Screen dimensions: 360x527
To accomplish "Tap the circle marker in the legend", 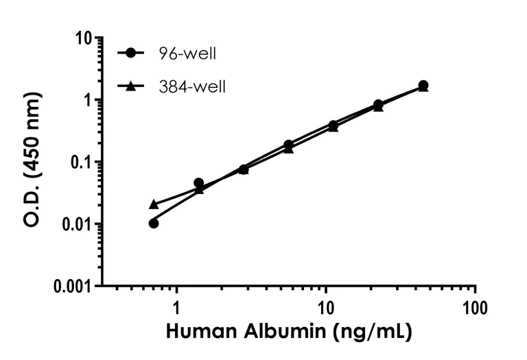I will (130, 53).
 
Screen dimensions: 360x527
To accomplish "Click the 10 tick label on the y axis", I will (84, 38).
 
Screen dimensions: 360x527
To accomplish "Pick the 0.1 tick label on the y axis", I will (80, 163).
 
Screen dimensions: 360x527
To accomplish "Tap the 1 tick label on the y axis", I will (89, 101).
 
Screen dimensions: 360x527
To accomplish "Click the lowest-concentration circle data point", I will (154, 223).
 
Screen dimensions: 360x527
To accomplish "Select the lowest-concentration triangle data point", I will (154, 204).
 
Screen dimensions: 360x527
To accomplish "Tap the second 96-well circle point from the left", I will (198, 183).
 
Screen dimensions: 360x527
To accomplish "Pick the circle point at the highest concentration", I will (423, 85).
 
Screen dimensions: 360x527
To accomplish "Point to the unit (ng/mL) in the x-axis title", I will (373, 333).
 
